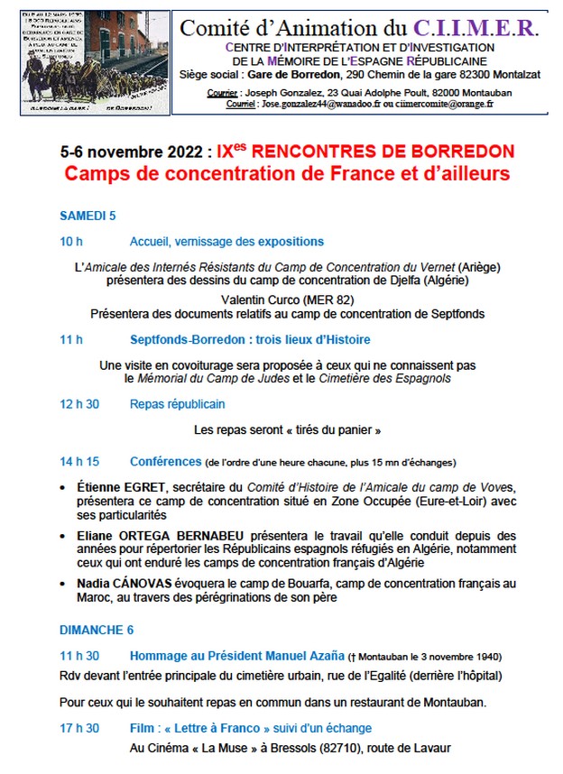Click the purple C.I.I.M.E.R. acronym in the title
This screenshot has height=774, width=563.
coord(486,27)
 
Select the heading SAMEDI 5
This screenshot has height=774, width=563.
coord(88,216)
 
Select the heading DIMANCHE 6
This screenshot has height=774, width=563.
coord(97,629)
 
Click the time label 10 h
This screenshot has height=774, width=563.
coord(71,242)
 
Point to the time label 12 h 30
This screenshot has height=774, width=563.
coord(79,404)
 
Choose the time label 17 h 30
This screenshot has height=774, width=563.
coord(79,728)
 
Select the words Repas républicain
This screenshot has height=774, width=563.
coord(177,404)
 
